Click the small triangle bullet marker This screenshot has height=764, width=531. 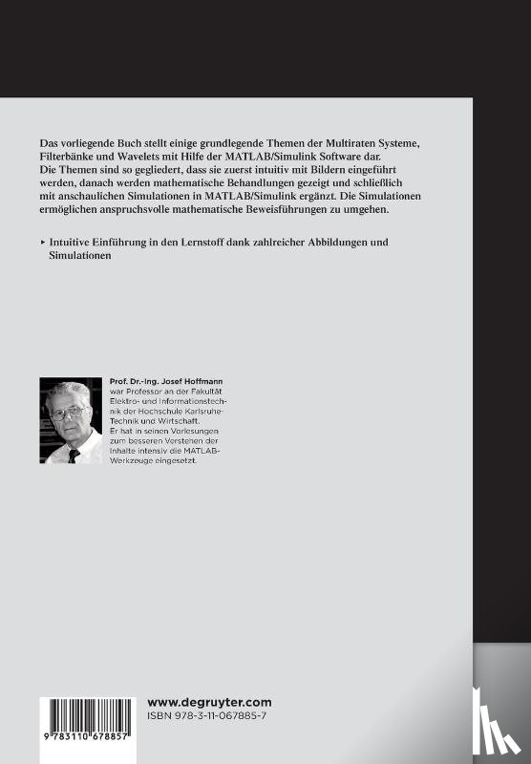click(x=43, y=243)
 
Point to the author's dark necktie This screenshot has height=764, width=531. click(x=73, y=454)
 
